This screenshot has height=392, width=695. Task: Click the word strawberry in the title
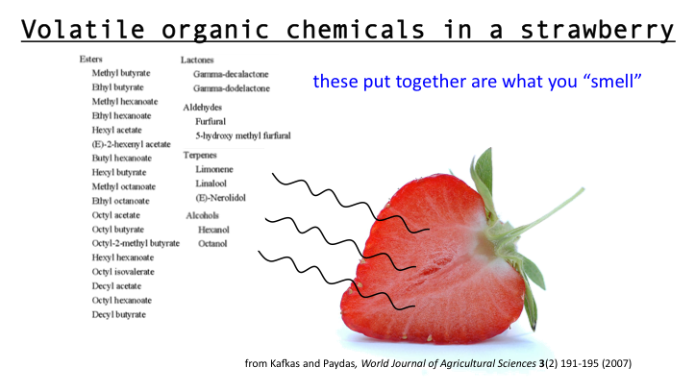pos(597,30)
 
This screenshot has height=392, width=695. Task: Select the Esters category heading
pos(91,59)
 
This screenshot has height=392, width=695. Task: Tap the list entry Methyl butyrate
pos(121,73)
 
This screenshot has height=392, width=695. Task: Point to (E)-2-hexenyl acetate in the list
pos(131,144)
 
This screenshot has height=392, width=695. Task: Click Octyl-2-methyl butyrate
pos(136,243)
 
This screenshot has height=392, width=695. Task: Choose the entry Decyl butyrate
pos(119,314)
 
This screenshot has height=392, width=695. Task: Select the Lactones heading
pos(197,60)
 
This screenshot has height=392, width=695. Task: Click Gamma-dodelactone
pos(232,88)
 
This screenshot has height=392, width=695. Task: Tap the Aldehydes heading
pos(203,108)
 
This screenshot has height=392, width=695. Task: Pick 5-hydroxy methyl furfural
pos(243,135)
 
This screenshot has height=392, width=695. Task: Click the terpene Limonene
pos(214,169)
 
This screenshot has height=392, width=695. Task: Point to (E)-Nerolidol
pos(221,198)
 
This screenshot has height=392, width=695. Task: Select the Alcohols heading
pos(203,215)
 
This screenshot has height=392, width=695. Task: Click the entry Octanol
pos(212,244)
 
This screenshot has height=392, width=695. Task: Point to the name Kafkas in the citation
pos(285,363)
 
